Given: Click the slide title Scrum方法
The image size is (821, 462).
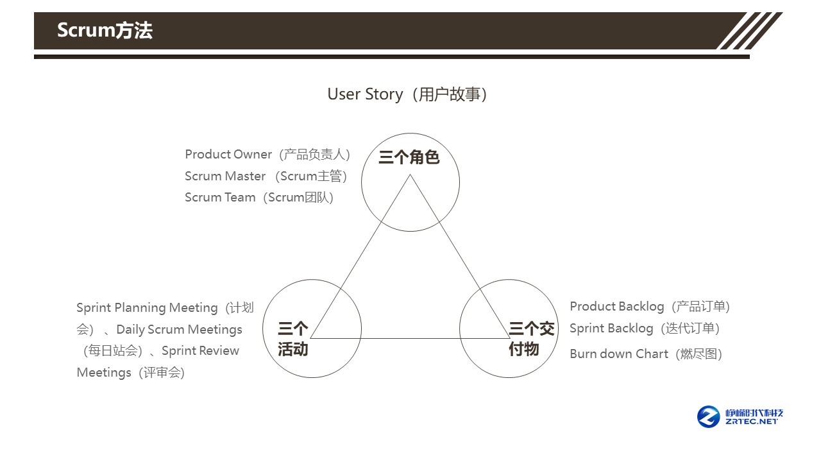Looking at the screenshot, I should click(x=105, y=30).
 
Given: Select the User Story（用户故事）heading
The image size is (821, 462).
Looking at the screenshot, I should click(x=409, y=94).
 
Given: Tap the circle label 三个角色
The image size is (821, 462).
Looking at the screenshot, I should click(x=409, y=157).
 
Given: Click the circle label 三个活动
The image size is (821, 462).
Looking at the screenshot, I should click(x=293, y=339).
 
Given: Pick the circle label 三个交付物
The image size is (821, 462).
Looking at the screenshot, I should click(x=531, y=339).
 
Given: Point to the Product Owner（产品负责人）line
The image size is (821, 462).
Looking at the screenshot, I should click(x=267, y=155).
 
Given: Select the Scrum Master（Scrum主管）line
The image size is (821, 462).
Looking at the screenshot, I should click(x=266, y=176).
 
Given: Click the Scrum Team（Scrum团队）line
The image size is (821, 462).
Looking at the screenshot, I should click(x=259, y=197).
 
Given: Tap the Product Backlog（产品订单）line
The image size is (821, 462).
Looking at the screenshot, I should click(x=650, y=307).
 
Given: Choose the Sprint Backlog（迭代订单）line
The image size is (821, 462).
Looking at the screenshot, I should click(x=645, y=329).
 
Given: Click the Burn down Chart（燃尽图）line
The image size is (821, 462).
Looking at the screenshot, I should click(x=646, y=354).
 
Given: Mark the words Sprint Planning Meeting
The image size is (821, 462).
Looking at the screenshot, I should click(x=147, y=308).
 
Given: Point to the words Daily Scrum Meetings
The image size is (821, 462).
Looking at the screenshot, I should click(x=179, y=329).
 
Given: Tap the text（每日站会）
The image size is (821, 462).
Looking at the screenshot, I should click(x=112, y=351).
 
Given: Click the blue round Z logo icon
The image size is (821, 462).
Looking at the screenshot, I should click(x=709, y=416).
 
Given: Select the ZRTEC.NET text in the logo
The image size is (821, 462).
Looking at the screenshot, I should click(x=752, y=422).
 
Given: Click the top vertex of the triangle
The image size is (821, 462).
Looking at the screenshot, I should click(x=410, y=175).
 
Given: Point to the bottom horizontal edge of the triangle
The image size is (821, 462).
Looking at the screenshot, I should click(x=410, y=338).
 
